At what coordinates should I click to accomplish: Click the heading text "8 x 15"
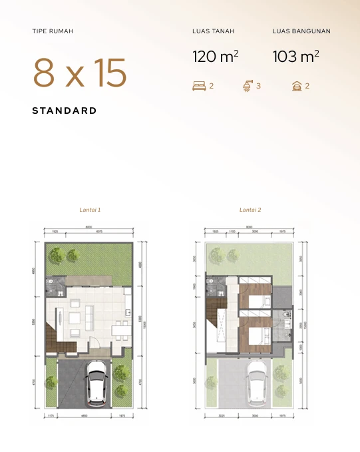pyautogui.click(x=80, y=73)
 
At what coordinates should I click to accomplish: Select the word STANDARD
pyautogui.click(x=65, y=111)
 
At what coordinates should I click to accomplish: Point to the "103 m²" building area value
pyautogui.click(x=295, y=57)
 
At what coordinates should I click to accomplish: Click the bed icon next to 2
pyautogui.click(x=198, y=86)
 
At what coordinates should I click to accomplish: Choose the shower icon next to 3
pyautogui.click(x=247, y=86)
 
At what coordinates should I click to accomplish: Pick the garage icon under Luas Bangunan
pyautogui.click(x=297, y=86)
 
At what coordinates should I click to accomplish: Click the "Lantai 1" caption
pyautogui.click(x=90, y=210)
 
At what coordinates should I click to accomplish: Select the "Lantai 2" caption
pyautogui.click(x=250, y=210)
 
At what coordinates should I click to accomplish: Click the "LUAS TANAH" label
pyautogui.click(x=213, y=31)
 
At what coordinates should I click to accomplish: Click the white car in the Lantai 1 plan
pyautogui.click(x=98, y=385)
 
